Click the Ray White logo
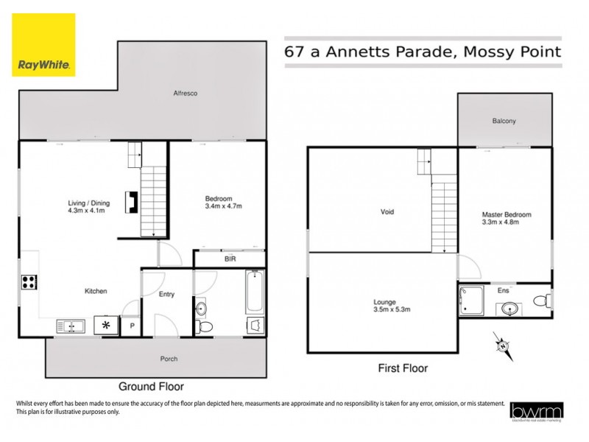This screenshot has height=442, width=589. (x=43, y=44)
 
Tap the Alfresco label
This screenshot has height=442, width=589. (x=185, y=94)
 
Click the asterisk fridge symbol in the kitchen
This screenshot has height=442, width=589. (x=107, y=324)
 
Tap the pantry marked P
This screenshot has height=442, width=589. (x=132, y=325)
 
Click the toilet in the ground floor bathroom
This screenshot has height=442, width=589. (x=204, y=325)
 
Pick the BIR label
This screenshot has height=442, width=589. (x=230, y=259)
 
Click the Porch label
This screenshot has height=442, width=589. (x=169, y=359)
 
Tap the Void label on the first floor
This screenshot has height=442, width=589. (x=387, y=212)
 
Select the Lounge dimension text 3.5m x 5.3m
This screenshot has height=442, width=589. (x=384, y=310)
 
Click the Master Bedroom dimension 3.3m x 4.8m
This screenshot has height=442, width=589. (x=506, y=222)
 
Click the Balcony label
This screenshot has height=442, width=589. (x=504, y=121)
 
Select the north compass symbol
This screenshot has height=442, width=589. (x=501, y=344)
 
